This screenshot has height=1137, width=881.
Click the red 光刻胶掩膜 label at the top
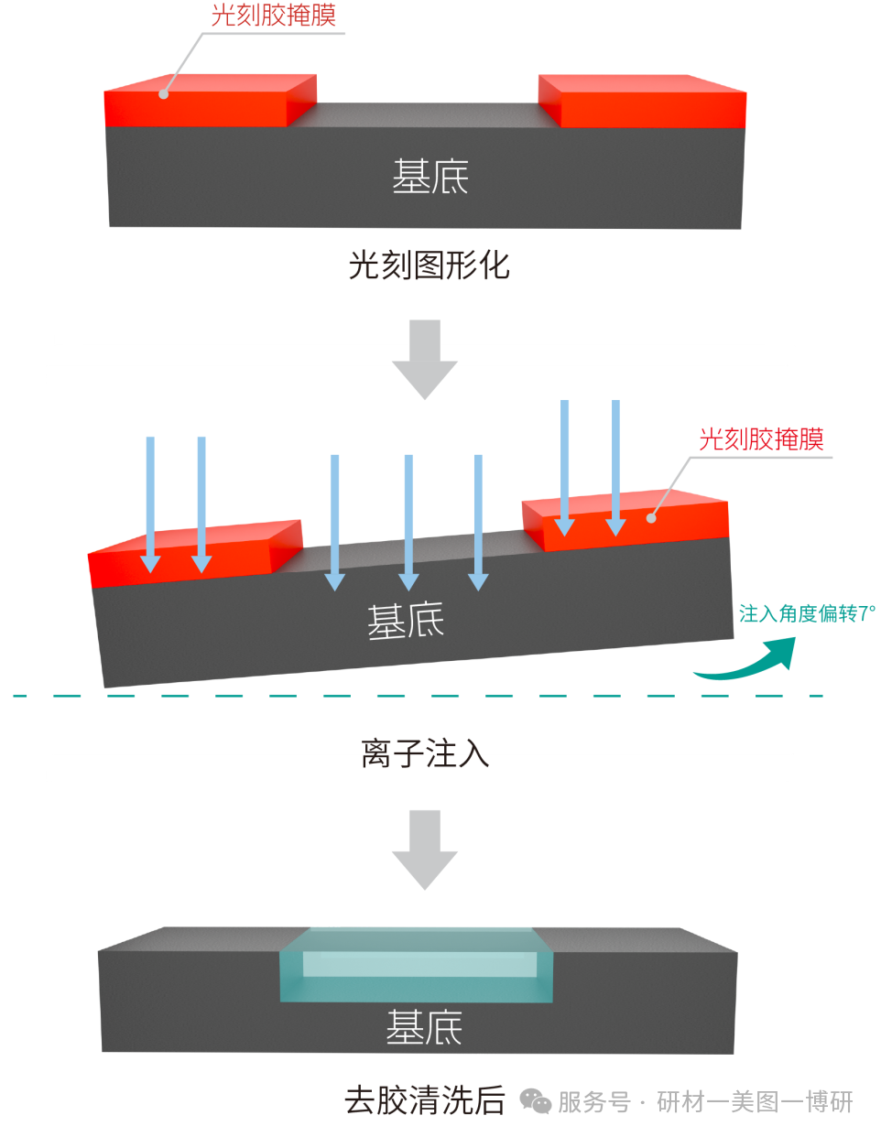click(x=273, y=16)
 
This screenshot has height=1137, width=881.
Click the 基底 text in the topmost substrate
click(x=430, y=177)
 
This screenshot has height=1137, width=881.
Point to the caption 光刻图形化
click(x=429, y=265)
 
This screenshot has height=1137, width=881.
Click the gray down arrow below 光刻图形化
click(x=425, y=358)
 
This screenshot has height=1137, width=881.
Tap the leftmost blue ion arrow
click(x=150, y=504)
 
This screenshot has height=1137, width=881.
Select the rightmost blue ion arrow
click(x=615, y=467)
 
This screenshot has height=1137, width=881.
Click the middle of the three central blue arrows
click(x=408, y=522)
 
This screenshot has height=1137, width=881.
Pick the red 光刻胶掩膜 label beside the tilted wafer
click(x=761, y=439)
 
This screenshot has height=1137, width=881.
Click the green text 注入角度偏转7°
click(x=807, y=613)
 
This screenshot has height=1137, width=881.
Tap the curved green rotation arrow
click(x=751, y=661)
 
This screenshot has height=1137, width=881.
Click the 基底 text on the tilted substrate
click(x=406, y=622)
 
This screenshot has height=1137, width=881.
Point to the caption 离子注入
click(x=425, y=753)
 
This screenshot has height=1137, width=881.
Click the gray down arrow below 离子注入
click(x=425, y=849)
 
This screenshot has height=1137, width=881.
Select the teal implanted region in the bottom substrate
click(x=417, y=965)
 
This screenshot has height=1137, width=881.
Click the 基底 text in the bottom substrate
click(x=424, y=1028)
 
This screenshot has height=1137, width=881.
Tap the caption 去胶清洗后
click(x=424, y=1099)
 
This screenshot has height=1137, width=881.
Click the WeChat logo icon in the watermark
click(x=535, y=1100)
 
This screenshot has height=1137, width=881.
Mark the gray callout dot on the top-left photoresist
click(x=164, y=93)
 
